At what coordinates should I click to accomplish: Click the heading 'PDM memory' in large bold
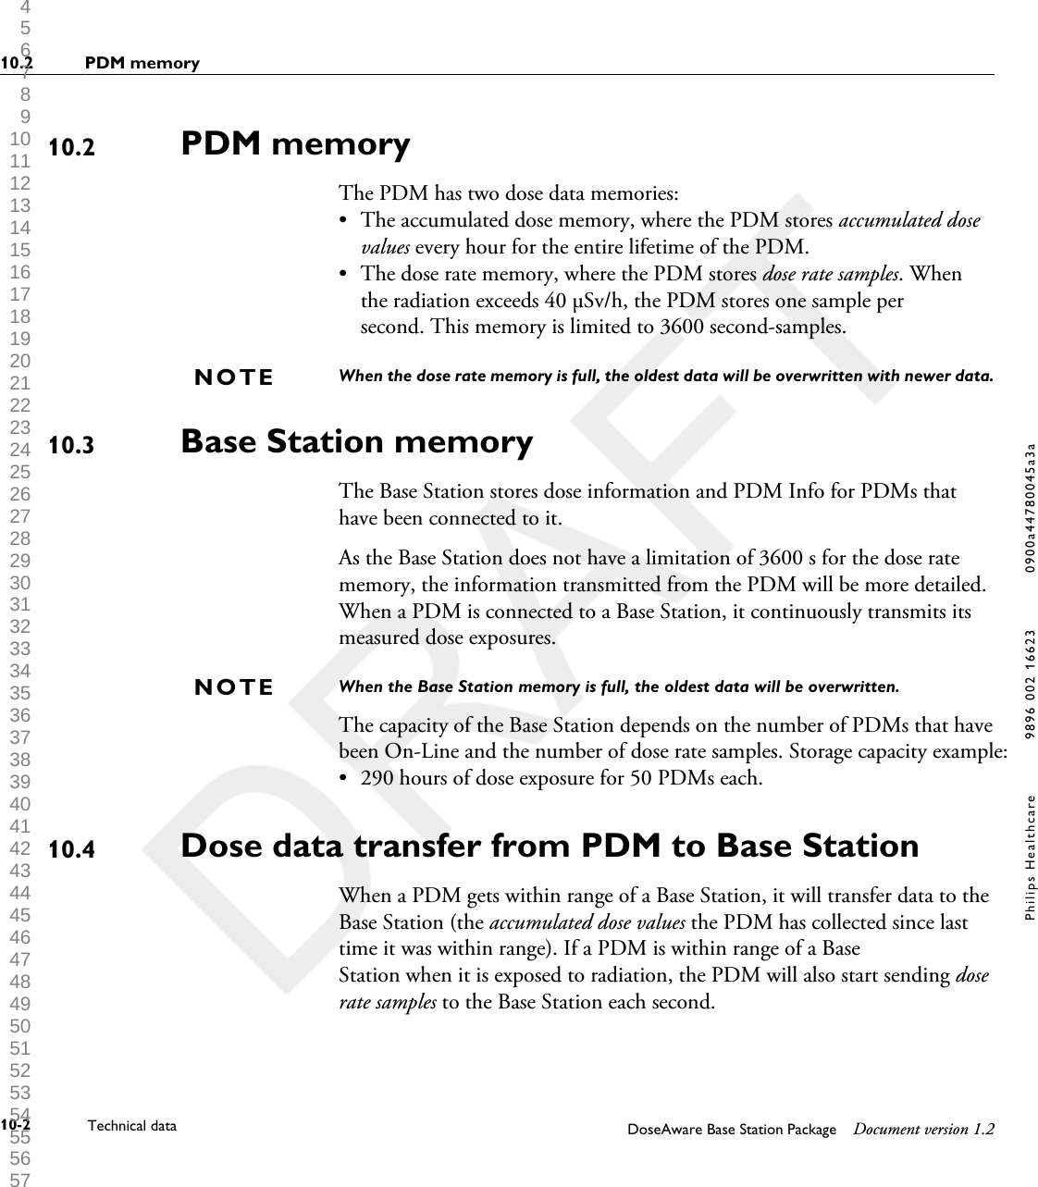(x=295, y=144)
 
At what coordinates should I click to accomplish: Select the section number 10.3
(x=71, y=446)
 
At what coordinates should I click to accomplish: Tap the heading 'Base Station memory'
(x=356, y=441)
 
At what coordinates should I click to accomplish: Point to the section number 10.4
(x=71, y=849)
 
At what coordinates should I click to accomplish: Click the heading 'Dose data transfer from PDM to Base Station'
(x=550, y=846)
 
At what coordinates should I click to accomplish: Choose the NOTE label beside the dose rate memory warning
(x=234, y=377)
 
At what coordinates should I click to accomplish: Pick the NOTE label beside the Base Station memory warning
(x=234, y=687)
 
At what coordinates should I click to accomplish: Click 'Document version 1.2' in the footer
(x=924, y=1130)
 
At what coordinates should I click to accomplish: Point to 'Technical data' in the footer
(x=131, y=1126)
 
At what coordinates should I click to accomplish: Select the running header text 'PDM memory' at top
(x=142, y=64)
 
